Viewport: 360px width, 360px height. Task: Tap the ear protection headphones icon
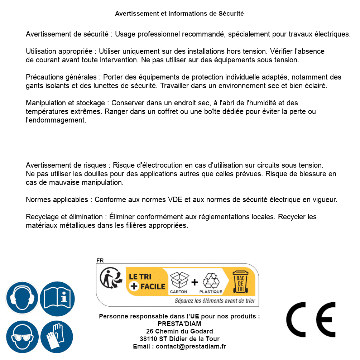(x=22, y=298)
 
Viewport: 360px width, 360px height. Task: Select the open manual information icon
(x=57, y=298)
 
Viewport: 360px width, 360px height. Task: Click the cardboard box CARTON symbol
(x=178, y=282)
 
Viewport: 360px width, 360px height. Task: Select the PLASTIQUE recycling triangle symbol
(x=211, y=282)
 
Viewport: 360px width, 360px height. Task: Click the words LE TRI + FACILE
(x=147, y=282)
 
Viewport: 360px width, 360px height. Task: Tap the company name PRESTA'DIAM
(x=179, y=324)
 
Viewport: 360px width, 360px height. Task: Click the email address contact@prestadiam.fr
(x=191, y=346)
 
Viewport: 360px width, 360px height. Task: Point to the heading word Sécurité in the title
(x=231, y=14)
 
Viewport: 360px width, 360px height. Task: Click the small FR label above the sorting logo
(x=100, y=260)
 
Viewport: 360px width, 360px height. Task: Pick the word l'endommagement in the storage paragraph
(x=56, y=120)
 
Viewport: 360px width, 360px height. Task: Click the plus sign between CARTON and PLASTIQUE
(x=195, y=282)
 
